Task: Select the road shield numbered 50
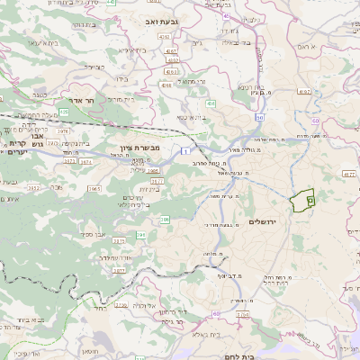315,120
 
